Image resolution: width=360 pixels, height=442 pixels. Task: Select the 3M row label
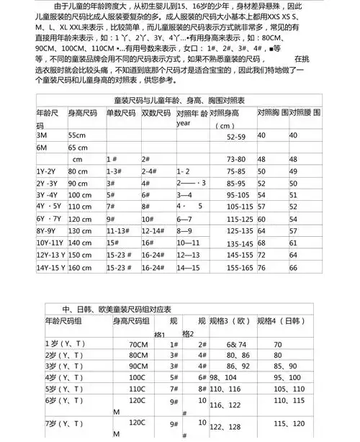(x=42, y=135)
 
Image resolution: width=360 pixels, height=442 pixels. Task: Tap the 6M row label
(x=42, y=148)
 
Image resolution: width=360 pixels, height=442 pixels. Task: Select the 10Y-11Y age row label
(x=50, y=243)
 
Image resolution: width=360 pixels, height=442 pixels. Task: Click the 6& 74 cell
(x=238, y=345)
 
